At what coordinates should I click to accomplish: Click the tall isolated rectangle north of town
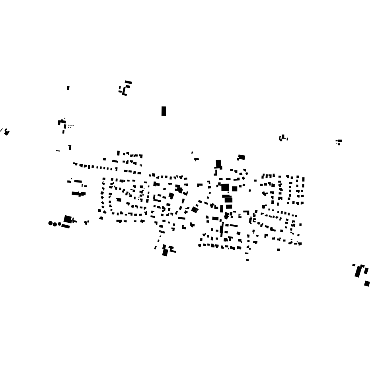[164, 111]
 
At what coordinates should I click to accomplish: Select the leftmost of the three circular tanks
[51, 223]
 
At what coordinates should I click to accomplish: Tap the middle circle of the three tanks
[55, 224]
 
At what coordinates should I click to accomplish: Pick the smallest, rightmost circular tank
[60, 224]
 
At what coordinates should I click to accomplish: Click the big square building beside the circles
[68, 219]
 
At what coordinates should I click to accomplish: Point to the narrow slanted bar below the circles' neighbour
[66, 226]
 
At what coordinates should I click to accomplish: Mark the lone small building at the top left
[68, 88]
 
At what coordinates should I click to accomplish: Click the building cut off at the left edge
[6, 133]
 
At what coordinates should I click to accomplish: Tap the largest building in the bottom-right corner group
[358, 272]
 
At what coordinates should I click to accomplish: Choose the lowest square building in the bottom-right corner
[367, 284]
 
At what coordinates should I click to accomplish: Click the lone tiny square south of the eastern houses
[278, 250]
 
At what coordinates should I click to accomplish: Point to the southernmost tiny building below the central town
[247, 260]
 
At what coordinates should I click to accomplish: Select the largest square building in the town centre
[225, 187]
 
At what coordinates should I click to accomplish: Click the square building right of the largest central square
[235, 189]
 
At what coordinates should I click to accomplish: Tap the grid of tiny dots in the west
[70, 126]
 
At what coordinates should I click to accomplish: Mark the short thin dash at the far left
[58, 151]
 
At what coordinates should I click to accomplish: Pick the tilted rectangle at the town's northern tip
[241, 157]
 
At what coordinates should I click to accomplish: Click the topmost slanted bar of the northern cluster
[128, 82]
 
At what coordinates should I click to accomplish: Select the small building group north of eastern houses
[283, 138]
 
